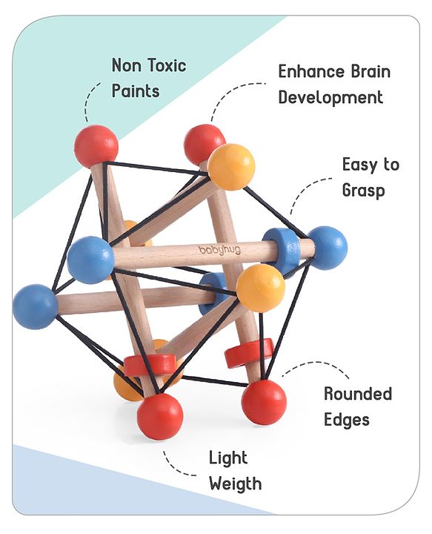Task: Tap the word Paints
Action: [x=136, y=91]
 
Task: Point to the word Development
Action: [x=330, y=97]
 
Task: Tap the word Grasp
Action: [x=363, y=190]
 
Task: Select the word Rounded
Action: [x=358, y=394]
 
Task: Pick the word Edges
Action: [x=347, y=420]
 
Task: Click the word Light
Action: [x=228, y=458]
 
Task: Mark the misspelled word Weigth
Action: [x=236, y=484]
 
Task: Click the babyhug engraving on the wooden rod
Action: [x=220, y=251]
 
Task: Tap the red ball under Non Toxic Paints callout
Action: [x=96, y=146]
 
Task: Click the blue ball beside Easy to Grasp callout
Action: [x=328, y=248]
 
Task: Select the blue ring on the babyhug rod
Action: [x=282, y=251]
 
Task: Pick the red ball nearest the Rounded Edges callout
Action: [x=264, y=402]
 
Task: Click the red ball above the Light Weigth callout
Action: [x=160, y=416]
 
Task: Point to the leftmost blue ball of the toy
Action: [x=35, y=307]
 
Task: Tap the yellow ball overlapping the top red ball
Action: [x=232, y=167]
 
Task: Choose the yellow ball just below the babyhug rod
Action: [x=261, y=289]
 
